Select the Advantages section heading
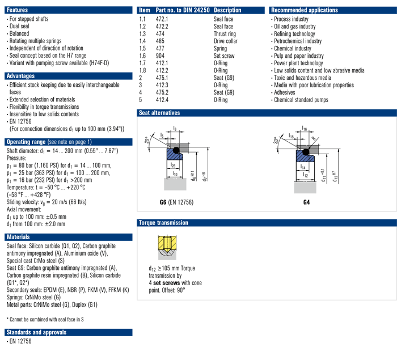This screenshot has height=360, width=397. pos(20,76)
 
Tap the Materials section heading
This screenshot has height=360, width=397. pos(19,237)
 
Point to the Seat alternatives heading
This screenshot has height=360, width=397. pos(159,113)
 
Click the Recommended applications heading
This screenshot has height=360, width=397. pos(305,10)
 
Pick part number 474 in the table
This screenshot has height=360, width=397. pos(160,34)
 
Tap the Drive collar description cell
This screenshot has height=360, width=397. pos(226,41)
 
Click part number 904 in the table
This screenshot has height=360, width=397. pos(160,56)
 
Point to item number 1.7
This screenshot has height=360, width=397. pos(143,63)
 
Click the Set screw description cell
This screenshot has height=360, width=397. pos(224,56)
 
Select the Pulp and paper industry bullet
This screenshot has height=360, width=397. pos(298,56)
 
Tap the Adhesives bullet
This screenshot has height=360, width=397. pos(285,92)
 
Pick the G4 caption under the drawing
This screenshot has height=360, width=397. pos(307,202)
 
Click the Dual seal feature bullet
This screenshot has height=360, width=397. pos(20,27)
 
